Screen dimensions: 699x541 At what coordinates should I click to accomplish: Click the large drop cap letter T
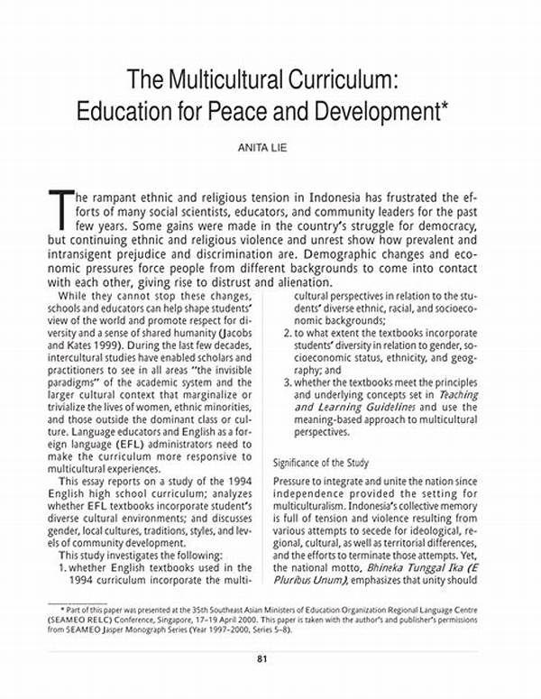(x=60, y=208)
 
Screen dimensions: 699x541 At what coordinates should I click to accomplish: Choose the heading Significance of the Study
(x=320, y=463)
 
